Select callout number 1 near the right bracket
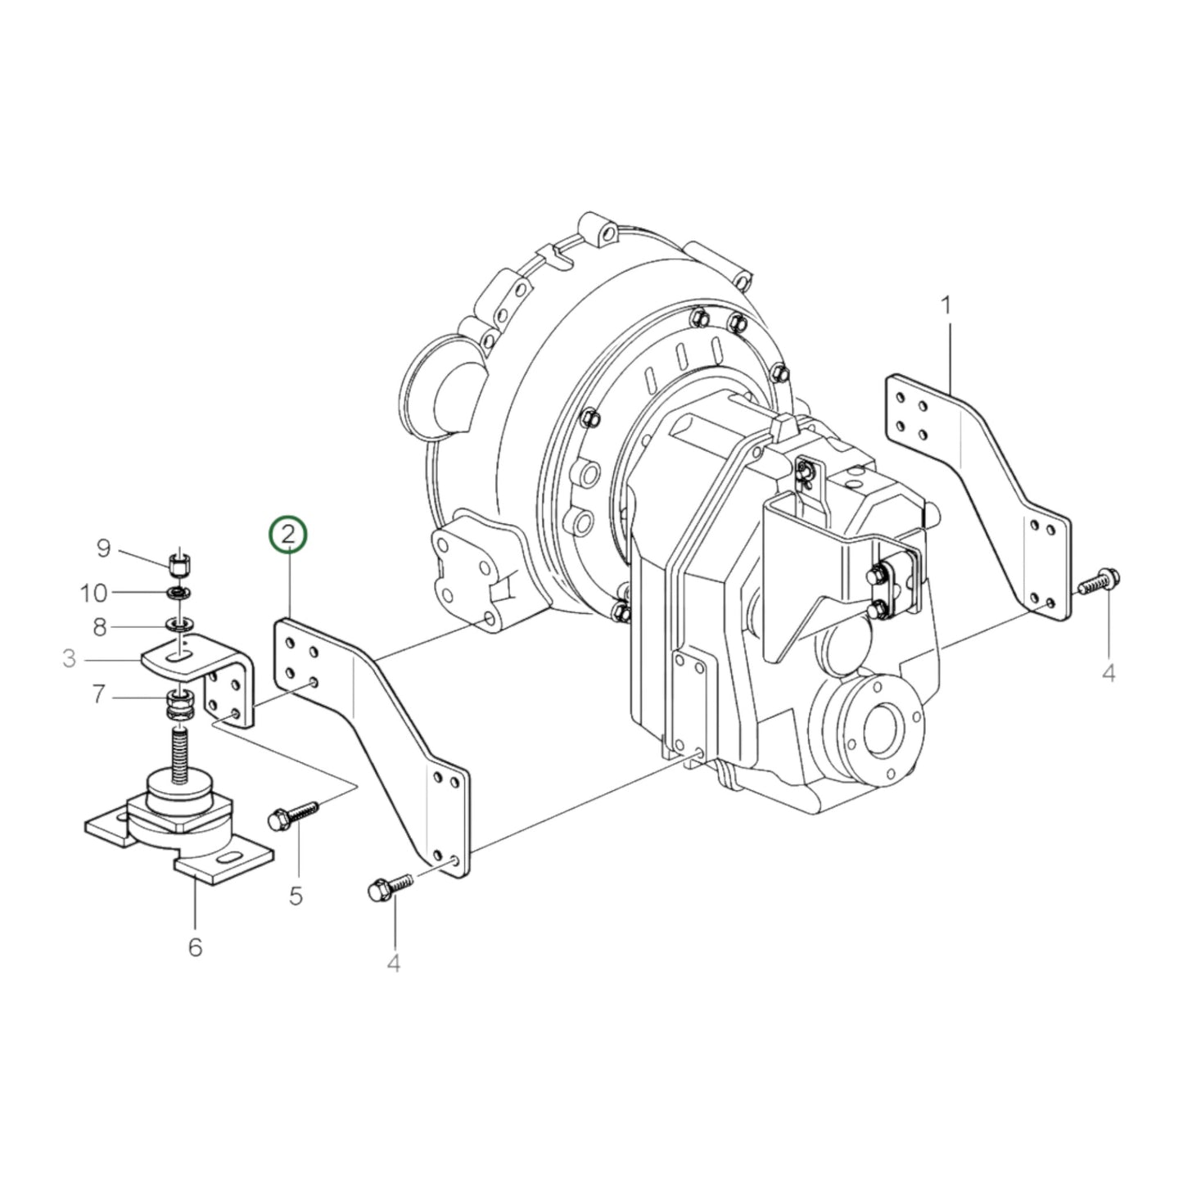click(946, 306)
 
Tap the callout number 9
click(103, 548)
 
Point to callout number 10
click(93, 591)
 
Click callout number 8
click(99, 627)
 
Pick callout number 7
click(99, 695)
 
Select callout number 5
click(296, 895)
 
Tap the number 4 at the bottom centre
click(394, 964)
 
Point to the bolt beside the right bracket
click(1096, 581)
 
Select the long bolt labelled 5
click(291, 815)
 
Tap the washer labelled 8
click(180, 626)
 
